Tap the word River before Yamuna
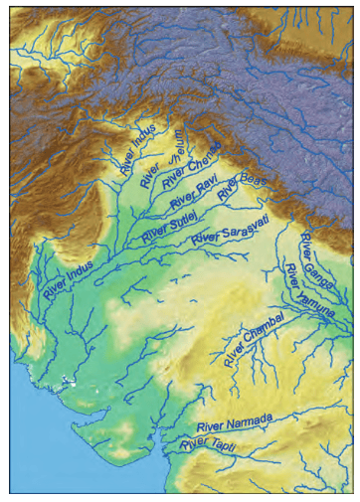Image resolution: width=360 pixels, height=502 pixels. pyautogui.click(x=291, y=273)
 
